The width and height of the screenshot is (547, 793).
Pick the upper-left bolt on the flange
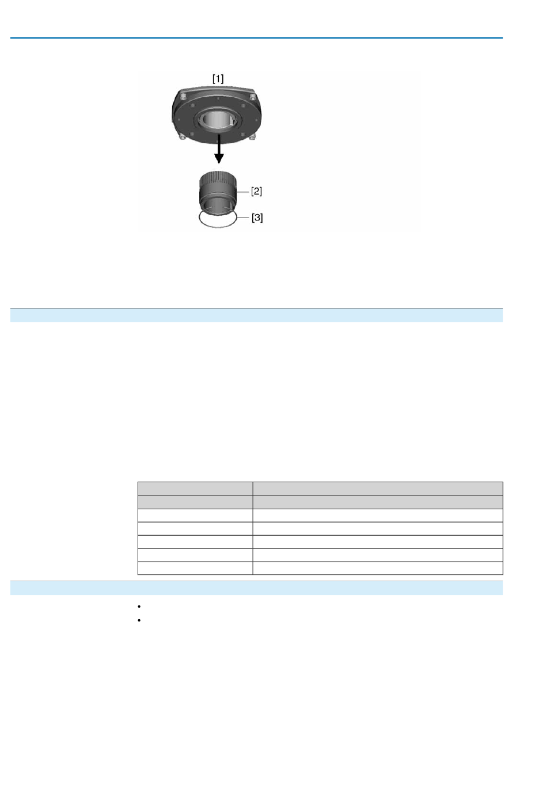[x=183, y=95]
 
